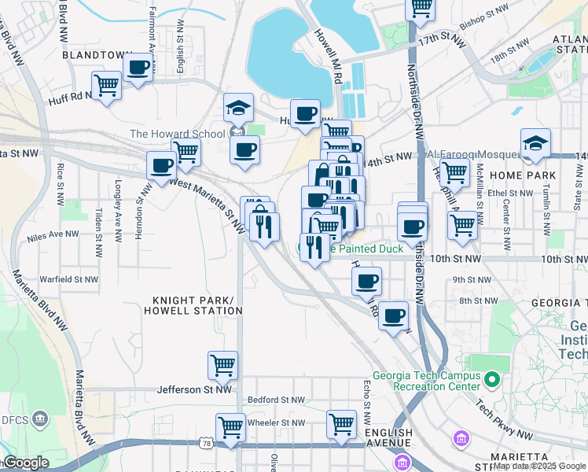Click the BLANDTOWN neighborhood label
(97, 56)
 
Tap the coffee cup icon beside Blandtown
(138, 68)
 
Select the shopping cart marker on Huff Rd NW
(106, 84)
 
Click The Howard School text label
(177, 134)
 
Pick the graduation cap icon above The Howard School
(238, 109)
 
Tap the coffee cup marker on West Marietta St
(162, 166)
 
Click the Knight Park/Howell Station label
(193, 305)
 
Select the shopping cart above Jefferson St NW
(223, 365)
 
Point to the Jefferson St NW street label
(194, 389)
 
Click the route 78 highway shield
(207, 445)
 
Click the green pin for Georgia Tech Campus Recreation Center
(493, 381)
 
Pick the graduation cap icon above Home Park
(535, 143)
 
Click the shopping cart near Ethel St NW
(454, 172)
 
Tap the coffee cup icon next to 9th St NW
(366, 281)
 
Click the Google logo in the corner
(26, 463)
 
